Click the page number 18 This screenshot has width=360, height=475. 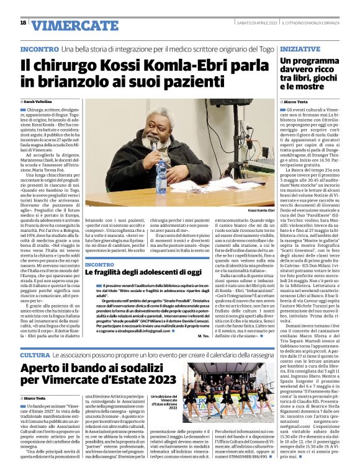tap(23, 23)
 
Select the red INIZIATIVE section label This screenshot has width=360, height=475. tap(300, 48)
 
